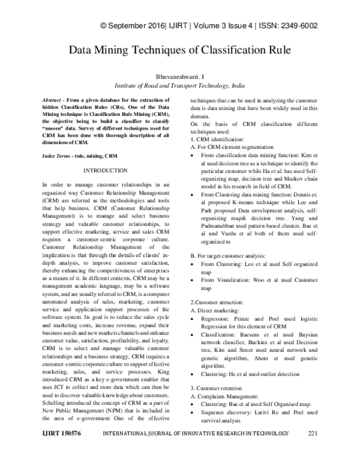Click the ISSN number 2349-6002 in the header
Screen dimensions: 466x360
[298, 26]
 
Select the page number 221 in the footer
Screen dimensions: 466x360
[312, 450]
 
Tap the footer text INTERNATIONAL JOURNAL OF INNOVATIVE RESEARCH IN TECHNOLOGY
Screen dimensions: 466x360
[194, 450]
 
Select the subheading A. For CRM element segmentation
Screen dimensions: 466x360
[232, 147]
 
